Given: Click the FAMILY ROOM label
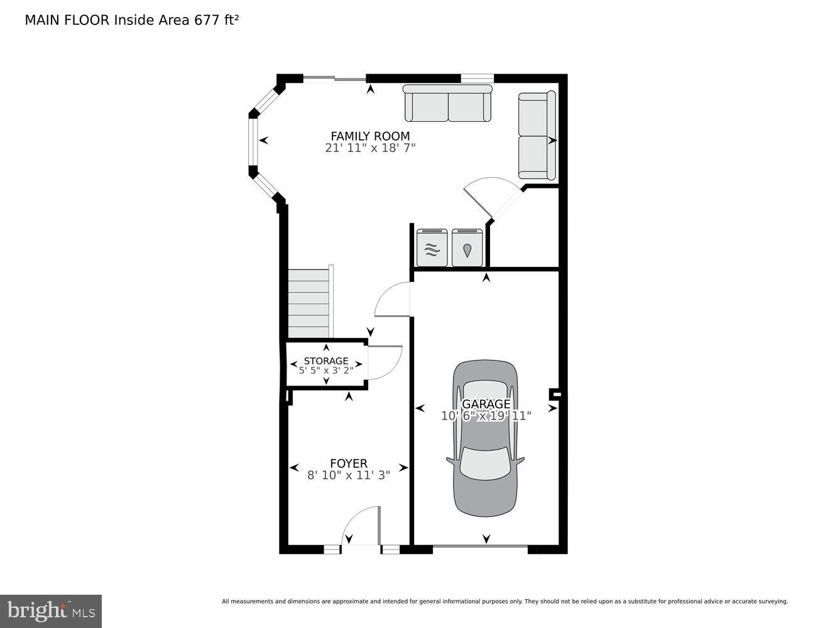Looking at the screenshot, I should coord(370,136).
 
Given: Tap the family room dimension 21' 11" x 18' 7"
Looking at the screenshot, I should coord(370,148).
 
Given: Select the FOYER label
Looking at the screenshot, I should coord(348,463).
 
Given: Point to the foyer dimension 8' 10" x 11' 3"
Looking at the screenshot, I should coord(348,475).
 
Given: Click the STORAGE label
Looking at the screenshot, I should coord(325,360).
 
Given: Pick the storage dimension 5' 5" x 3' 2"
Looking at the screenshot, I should coord(325,371).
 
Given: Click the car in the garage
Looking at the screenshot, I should coord(486,438).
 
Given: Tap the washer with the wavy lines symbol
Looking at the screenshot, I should coord(432,248).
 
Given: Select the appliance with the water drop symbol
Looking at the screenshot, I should coord(466,248).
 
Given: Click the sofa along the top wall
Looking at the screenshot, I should coord(447,104).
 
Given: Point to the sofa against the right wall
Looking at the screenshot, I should coord(537,135).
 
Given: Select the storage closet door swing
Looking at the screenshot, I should coord(383,364).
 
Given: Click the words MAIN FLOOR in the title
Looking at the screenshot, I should coord(67,20).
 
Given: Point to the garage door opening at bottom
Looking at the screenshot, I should coord(481,548).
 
